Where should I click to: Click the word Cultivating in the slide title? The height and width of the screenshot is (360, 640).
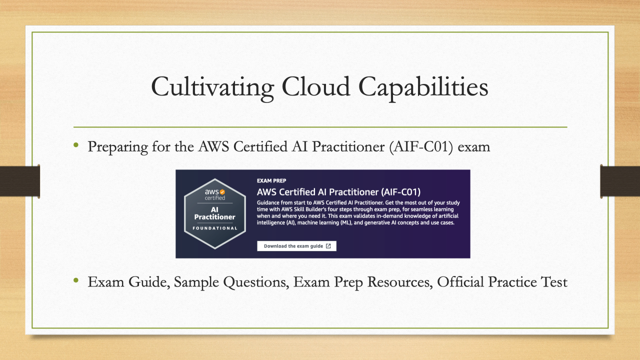point(212,87)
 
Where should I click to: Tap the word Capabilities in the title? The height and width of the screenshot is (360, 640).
point(423,87)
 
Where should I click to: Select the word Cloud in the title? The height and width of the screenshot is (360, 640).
point(315,86)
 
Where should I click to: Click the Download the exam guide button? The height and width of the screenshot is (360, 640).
point(296,246)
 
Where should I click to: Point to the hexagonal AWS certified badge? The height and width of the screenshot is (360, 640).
point(215,213)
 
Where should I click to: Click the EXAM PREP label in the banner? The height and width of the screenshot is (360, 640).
point(271,180)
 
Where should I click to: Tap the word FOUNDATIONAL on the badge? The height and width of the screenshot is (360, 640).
point(215,228)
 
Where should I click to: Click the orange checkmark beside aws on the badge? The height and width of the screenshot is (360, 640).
point(222,191)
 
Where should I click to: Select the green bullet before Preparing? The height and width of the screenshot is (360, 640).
point(76,145)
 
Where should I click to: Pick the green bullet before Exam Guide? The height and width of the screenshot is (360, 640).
point(76,280)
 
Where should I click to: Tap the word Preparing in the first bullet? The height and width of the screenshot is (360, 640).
point(117,147)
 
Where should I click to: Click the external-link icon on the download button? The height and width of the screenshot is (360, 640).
point(328,246)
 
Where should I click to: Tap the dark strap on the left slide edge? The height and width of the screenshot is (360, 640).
point(19,181)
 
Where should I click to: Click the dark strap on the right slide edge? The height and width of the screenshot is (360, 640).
point(620,181)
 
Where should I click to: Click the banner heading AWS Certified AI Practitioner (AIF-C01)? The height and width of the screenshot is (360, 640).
point(338,191)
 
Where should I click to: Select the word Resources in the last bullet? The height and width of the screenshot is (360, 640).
point(400,282)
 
